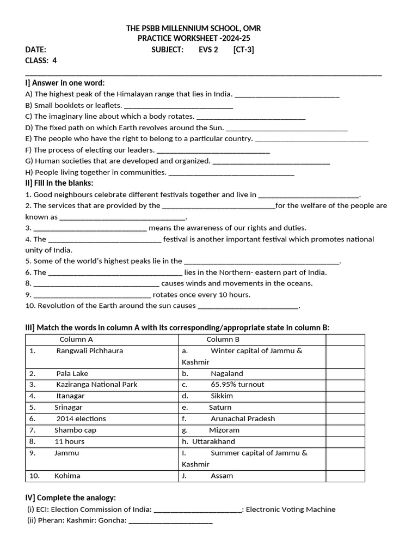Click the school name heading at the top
(197, 28)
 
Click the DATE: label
(36, 50)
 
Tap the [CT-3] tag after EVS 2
(243, 50)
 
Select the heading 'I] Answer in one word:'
(65, 83)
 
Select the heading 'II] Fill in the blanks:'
(59, 183)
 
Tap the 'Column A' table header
(76, 339)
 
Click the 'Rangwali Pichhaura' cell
(90, 351)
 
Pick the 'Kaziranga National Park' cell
(97, 385)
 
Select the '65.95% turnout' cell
(237, 385)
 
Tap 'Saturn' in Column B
(220, 408)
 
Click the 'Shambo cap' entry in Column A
(75, 430)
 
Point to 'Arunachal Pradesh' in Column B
(243, 419)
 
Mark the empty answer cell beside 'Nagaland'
(345, 374)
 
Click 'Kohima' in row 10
(67, 476)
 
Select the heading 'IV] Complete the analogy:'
(70, 498)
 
